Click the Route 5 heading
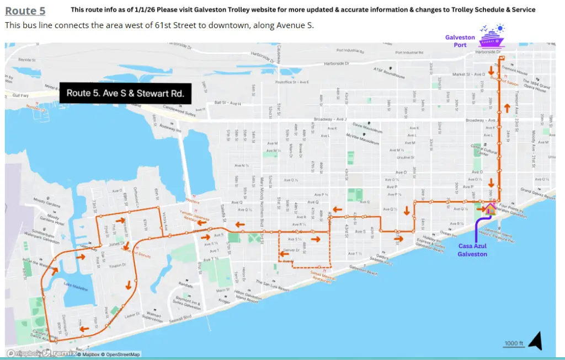[x=25, y=10]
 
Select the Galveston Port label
[x=460, y=41]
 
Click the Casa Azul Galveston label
[x=472, y=250]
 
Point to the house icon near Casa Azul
[x=489, y=209]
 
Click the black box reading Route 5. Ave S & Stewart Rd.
[x=125, y=93]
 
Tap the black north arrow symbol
[x=535, y=342]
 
